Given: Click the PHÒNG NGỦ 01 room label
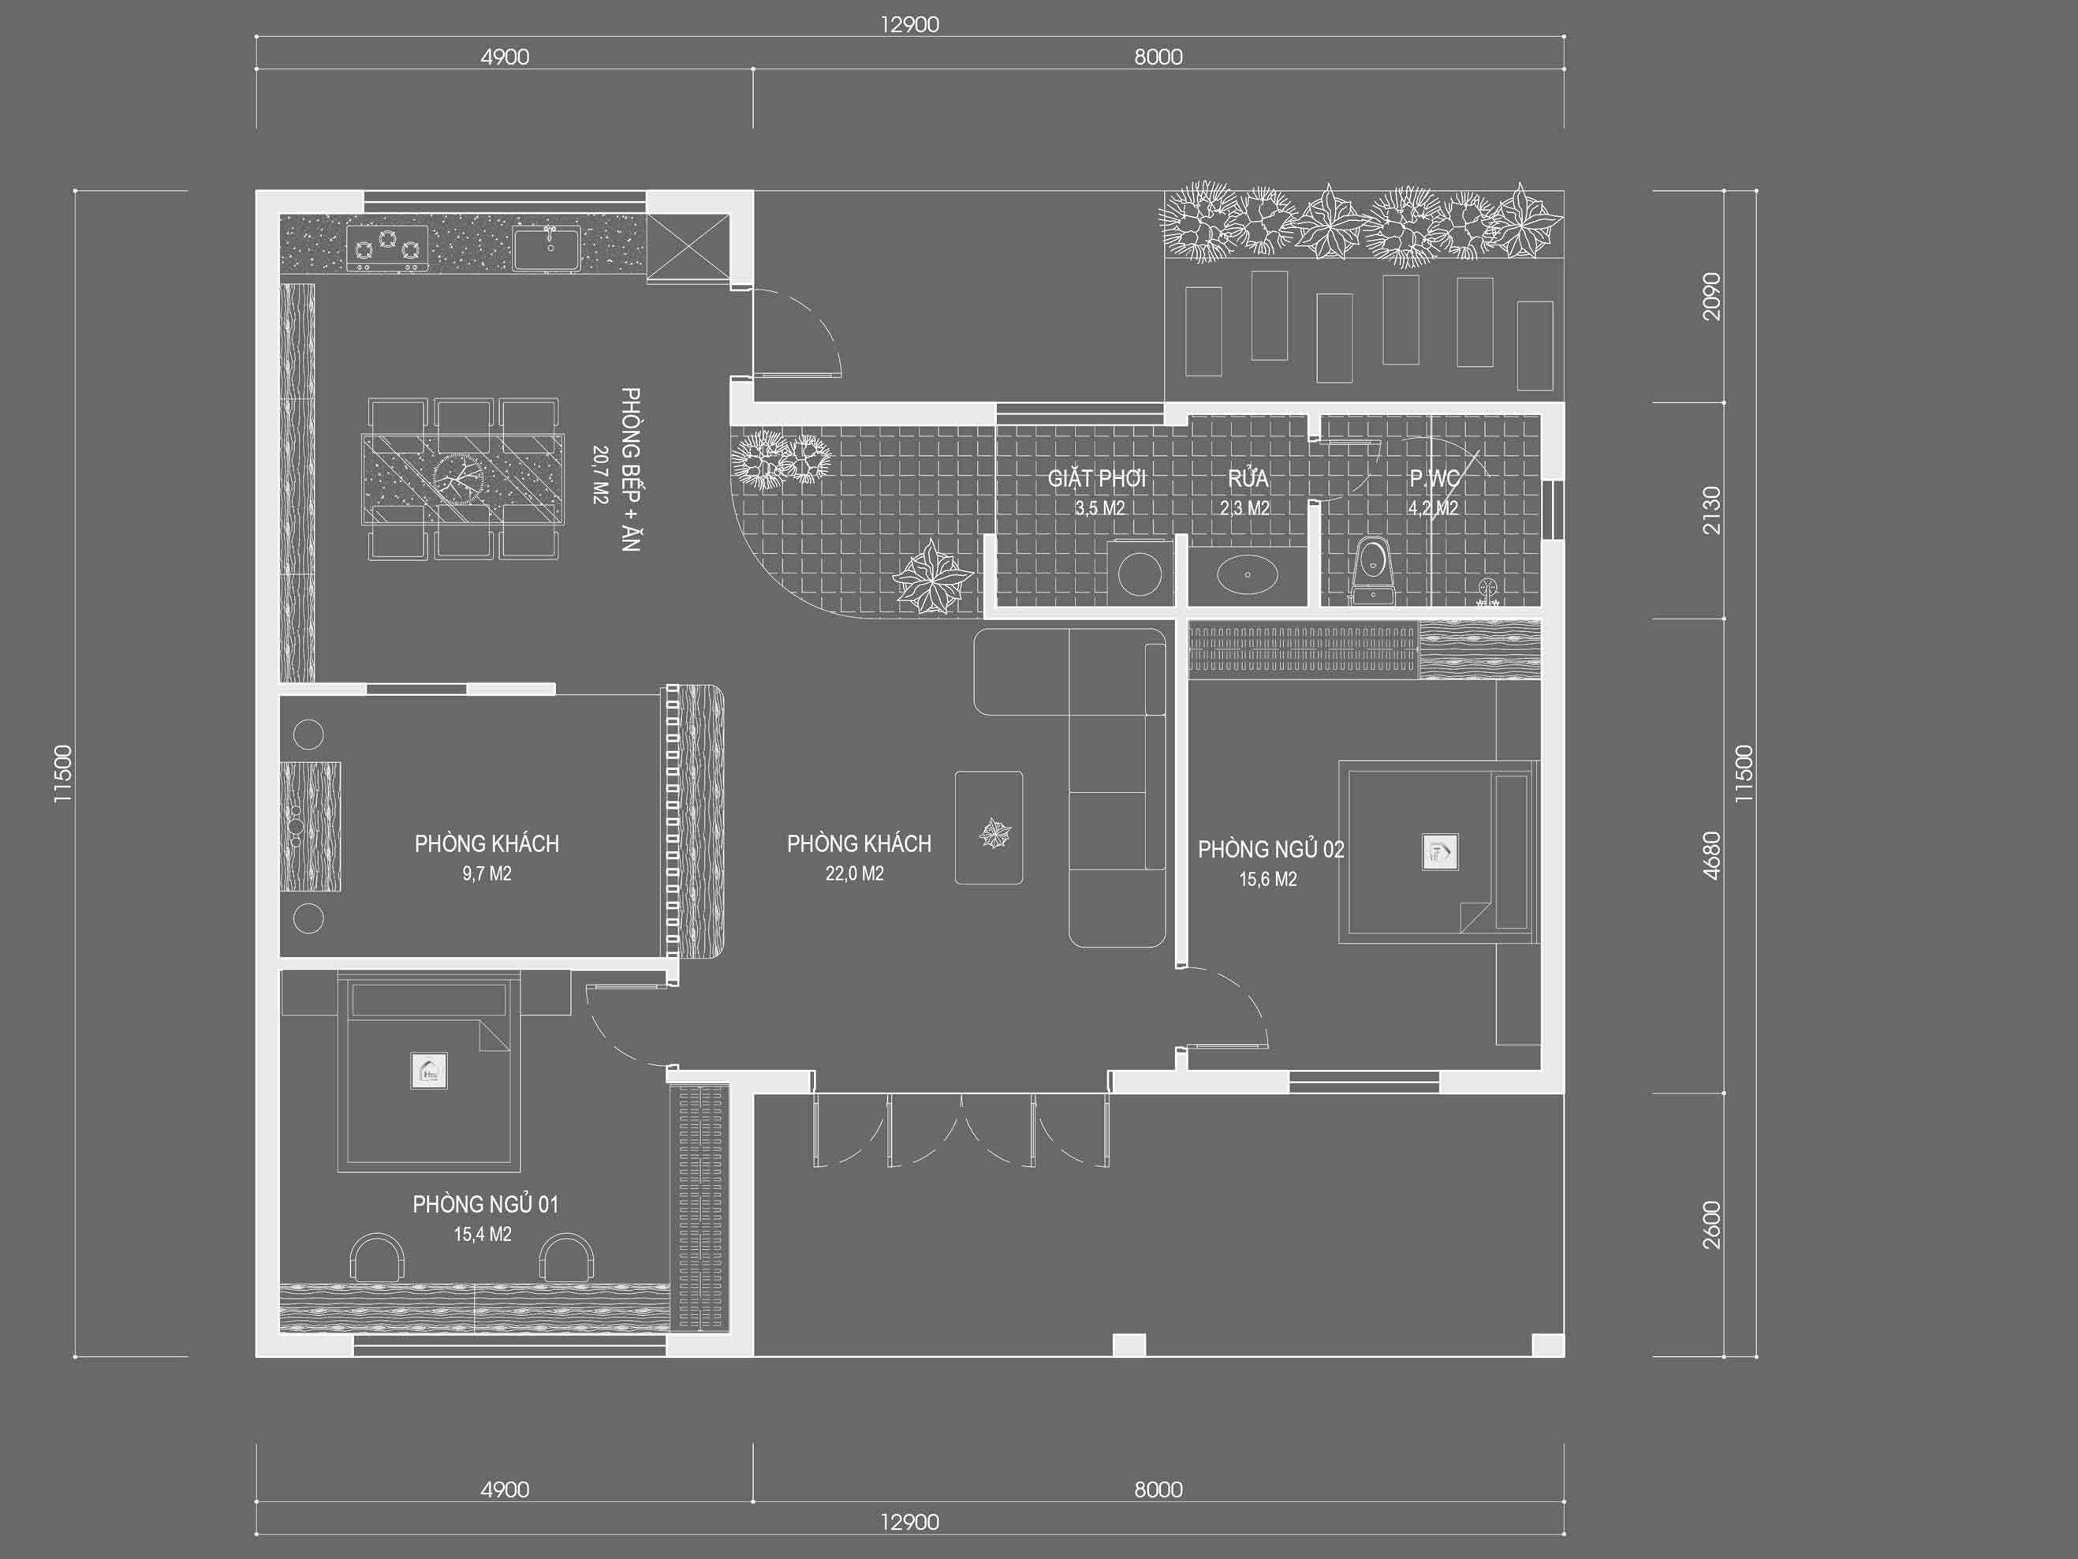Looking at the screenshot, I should point(485,1204).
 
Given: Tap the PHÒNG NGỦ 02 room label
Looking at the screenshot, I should point(1270,850).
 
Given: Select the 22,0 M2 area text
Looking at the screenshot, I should point(854,874).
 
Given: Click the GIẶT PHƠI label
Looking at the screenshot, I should point(1096,478).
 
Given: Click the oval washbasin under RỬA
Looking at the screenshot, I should point(1247,574).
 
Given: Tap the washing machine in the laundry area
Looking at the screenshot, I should point(1140,570).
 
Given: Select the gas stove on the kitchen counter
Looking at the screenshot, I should point(387,248).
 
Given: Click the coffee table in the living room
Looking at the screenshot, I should point(989,828).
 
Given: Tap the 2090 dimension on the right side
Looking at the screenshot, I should point(1711,296).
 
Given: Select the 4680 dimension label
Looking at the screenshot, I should point(1711,855).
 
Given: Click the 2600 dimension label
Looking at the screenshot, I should point(1711,1224).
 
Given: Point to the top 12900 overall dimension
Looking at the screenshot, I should point(908,24).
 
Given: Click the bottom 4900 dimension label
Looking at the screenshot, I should point(505,1490).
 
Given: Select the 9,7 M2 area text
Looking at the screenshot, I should point(487,874).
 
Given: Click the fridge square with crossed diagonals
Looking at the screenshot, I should point(688,247).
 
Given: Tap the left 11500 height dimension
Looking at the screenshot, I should point(62,773).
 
